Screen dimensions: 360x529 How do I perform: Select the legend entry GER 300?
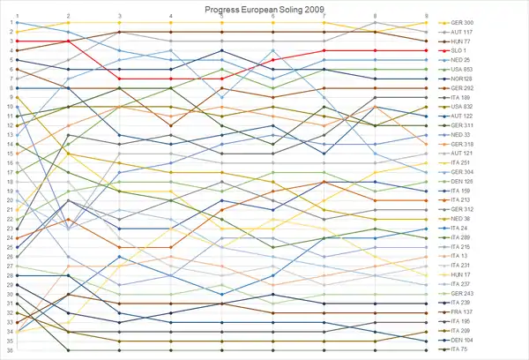(463, 22)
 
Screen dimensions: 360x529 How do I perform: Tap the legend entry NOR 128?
(462, 79)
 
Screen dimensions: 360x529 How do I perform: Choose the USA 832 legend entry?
(463, 107)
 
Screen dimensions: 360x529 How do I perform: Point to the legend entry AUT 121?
(463, 154)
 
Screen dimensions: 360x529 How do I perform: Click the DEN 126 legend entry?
(463, 182)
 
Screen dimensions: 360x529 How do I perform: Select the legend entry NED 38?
(461, 219)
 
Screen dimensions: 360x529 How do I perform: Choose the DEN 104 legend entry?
(463, 341)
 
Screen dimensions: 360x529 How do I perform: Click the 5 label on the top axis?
(222, 16)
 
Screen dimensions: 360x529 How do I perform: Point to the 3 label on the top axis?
(119, 16)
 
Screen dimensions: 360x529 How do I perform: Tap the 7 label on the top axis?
(324, 16)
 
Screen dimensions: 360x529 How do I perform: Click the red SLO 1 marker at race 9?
(427, 50)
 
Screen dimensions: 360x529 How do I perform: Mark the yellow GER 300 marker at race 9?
(427, 22)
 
